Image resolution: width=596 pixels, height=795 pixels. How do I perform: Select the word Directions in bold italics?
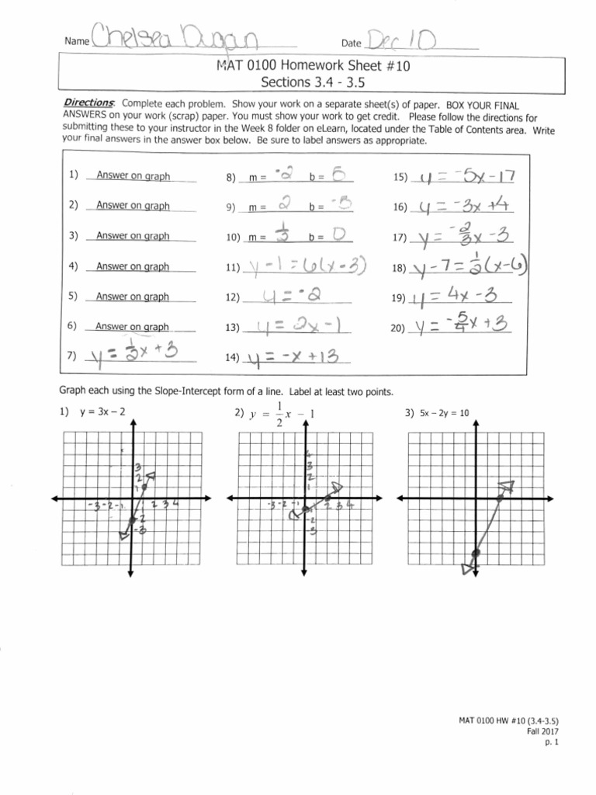click(88, 104)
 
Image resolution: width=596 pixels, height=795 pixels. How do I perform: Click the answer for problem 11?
click(304, 268)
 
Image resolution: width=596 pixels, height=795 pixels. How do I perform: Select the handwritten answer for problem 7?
click(137, 356)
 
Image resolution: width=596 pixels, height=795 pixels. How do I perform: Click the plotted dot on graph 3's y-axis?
click(476, 552)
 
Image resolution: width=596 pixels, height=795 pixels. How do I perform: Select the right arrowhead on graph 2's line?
click(338, 488)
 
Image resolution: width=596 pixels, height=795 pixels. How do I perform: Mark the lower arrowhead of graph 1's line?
click(124, 533)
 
